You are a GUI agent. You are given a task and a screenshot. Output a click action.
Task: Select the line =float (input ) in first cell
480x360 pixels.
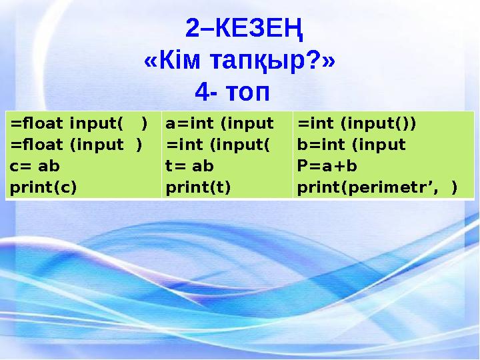(75, 145)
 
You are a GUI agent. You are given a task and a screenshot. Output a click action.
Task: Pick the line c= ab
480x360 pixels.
(35, 166)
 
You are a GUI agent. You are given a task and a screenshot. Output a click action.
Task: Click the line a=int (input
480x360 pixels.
(219, 123)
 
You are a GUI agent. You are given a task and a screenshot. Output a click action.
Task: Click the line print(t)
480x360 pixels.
(198, 187)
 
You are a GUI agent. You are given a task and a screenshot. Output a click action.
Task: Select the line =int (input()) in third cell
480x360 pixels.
(357, 123)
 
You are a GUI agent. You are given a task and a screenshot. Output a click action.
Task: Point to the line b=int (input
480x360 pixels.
(351, 145)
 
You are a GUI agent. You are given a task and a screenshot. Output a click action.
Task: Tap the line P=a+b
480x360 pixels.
(327, 166)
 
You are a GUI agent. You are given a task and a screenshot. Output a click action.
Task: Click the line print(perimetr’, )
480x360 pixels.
(377, 187)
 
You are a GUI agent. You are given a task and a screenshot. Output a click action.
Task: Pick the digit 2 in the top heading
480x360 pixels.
(192, 29)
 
